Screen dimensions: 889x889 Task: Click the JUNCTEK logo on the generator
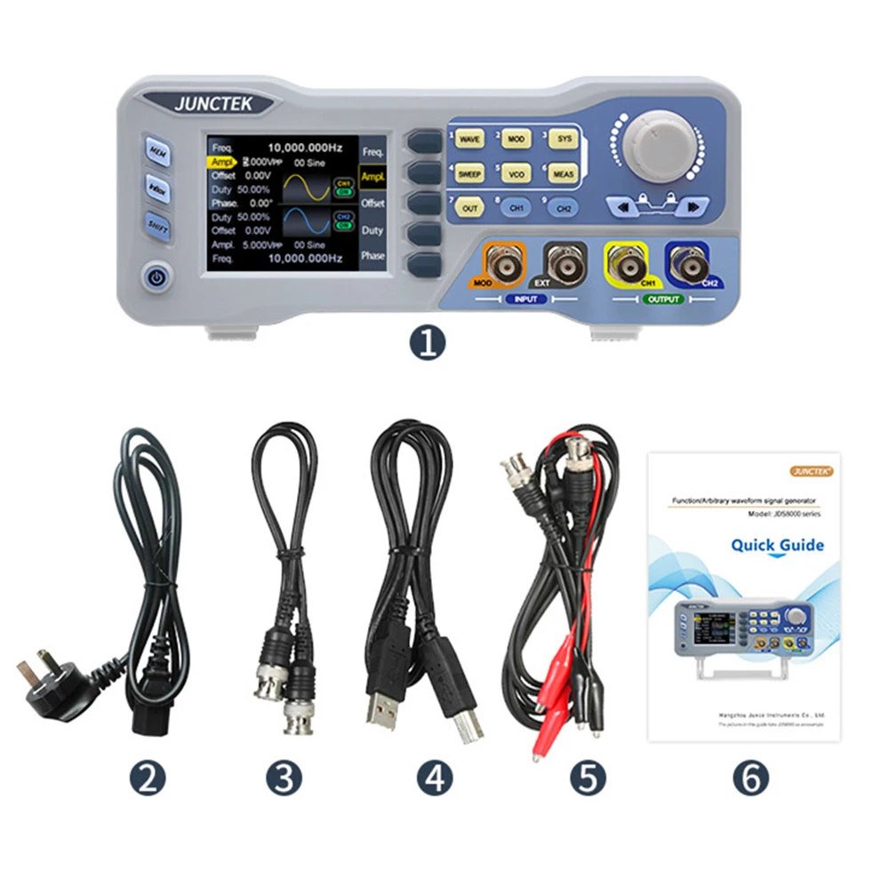(x=213, y=103)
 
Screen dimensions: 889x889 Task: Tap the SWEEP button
(x=470, y=174)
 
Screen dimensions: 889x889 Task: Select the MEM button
(x=158, y=152)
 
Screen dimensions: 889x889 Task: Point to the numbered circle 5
(x=587, y=779)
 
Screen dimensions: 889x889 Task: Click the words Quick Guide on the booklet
(x=777, y=545)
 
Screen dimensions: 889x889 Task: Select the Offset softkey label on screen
(x=372, y=204)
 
